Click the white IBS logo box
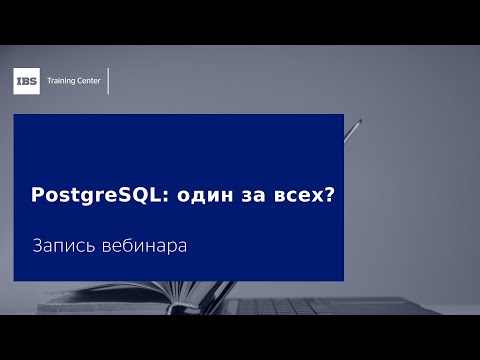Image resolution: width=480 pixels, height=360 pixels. [x=27, y=81]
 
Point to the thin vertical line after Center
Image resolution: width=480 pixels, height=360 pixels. [x=108, y=81]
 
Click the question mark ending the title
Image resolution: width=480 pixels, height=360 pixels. [x=327, y=196]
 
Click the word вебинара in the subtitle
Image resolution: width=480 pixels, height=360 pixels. [x=145, y=245]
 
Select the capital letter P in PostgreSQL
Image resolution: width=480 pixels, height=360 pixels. [x=38, y=196]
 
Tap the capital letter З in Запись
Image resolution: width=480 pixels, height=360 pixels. [x=37, y=245]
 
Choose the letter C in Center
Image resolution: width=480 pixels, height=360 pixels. [x=79, y=81]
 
